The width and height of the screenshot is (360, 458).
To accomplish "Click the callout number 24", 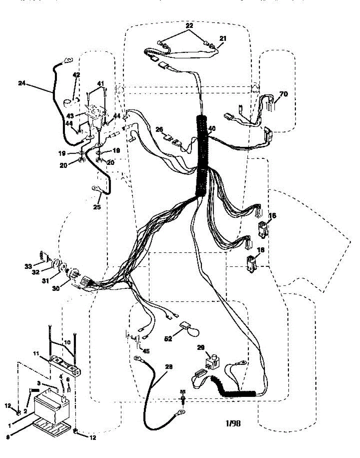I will click(22, 82).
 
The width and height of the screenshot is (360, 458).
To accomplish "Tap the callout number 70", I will click(284, 94).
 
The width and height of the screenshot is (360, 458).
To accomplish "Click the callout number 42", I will click(76, 75).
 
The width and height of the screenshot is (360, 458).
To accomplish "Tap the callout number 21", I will click(223, 38).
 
